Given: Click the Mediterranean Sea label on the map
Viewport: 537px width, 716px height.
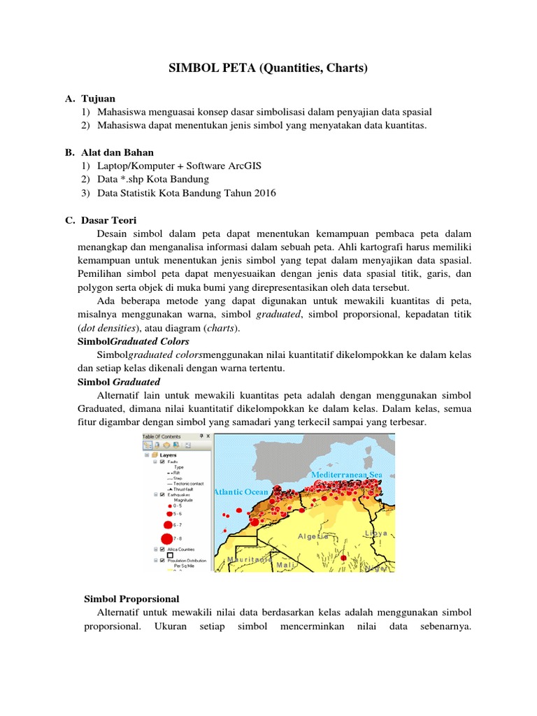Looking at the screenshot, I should point(347,475).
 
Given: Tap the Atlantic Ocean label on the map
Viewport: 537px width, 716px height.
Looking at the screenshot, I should point(241,492).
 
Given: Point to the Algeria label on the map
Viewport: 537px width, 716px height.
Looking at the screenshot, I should point(313,536).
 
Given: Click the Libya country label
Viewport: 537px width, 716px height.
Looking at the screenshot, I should point(375,533).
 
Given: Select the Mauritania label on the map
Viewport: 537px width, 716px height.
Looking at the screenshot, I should point(250,560).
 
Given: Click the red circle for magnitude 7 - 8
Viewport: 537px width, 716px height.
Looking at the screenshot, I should point(166,538).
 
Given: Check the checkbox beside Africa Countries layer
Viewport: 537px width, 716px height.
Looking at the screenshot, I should point(162,550).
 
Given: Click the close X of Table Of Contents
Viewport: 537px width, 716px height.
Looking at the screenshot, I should point(208,436).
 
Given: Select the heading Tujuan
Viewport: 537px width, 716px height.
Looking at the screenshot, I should point(98,99).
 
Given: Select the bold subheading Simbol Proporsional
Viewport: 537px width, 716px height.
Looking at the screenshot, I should point(131,599).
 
